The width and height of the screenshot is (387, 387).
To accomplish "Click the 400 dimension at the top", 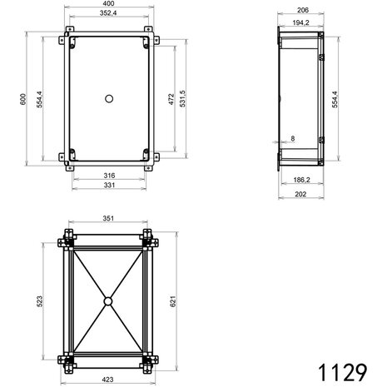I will tap(108, 5).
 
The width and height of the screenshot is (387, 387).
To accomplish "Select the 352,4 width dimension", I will tap(108, 14).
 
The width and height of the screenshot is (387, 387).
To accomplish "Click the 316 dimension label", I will tap(108, 176).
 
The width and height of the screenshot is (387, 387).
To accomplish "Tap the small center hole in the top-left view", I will tap(108, 99).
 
